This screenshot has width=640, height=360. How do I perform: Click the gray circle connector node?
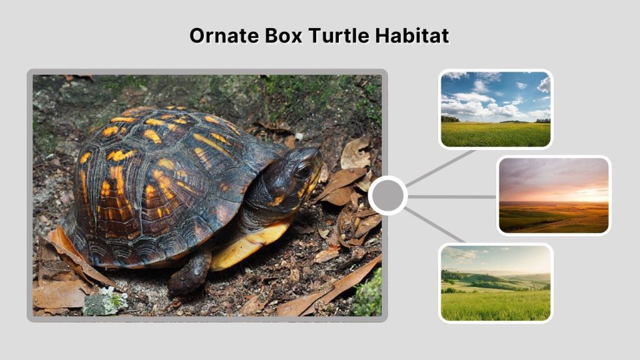(387, 196)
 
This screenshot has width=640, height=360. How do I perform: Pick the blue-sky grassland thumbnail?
(495, 109)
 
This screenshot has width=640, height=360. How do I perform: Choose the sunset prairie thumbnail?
(553, 195)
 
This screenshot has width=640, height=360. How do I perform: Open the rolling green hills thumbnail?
(495, 282)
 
